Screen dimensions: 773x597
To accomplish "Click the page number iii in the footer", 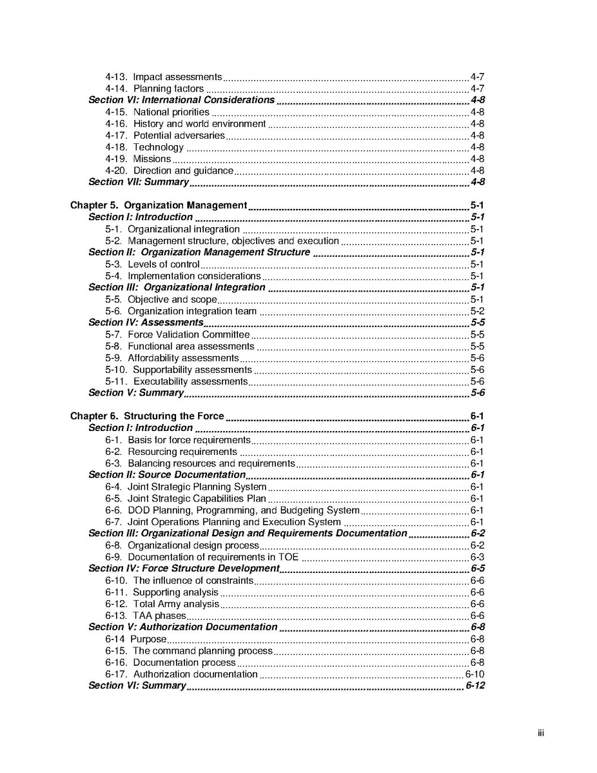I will click(541, 733).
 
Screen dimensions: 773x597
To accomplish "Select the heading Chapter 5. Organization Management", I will click(159, 205).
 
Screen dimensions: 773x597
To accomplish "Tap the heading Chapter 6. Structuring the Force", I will click(147, 416).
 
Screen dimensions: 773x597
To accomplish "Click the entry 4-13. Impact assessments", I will click(164, 77).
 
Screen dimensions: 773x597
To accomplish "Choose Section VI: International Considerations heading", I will click(181, 100).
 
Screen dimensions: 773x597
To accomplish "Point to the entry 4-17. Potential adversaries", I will click(165, 136).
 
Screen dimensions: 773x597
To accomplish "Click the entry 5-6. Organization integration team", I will click(181, 311).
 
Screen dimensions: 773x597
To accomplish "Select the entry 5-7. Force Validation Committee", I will click(177, 334).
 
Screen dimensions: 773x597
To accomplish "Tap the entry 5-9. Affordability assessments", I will click(172, 358).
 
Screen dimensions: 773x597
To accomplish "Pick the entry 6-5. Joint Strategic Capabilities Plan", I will click(186, 499).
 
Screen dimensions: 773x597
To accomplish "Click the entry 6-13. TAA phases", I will click(146, 616).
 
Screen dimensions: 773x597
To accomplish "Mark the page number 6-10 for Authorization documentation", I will click(475, 674).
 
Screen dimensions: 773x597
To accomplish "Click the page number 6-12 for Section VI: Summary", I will click(475, 685).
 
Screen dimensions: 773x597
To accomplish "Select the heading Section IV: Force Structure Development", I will click(184, 568).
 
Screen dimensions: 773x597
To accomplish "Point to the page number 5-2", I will click(477, 311).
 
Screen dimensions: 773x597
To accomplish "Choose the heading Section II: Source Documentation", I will click(167, 475).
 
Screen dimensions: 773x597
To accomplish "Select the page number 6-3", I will click(477, 557).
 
